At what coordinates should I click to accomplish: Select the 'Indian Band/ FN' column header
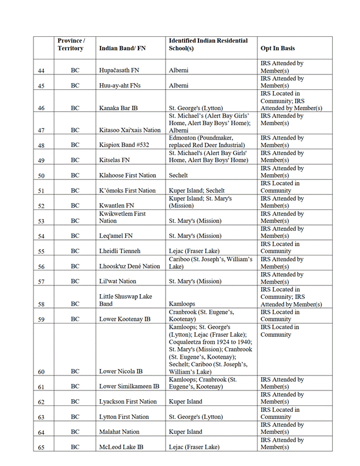(122, 48)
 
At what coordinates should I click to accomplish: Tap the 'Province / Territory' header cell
(72, 44)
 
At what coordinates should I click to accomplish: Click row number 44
(41, 70)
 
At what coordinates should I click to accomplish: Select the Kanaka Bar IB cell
(118, 108)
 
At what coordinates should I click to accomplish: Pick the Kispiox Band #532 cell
(124, 145)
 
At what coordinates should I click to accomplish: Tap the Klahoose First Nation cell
(127, 175)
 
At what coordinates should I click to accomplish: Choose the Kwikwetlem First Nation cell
(122, 217)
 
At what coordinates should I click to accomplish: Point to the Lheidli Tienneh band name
(121, 251)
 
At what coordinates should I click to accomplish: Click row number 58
(41, 303)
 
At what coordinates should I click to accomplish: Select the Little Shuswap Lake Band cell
(126, 300)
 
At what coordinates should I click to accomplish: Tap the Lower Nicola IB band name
(121, 372)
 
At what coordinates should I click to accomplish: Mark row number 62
(41, 402)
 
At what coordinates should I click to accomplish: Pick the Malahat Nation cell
(119, 431)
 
